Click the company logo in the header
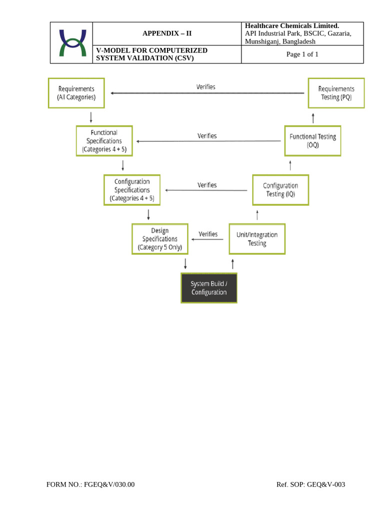72,43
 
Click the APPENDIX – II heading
167,34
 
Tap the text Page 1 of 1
302,54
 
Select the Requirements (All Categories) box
76,93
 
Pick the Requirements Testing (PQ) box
336,93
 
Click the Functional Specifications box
104,141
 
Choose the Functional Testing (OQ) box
313,141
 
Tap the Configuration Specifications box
132,190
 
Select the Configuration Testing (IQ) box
280,190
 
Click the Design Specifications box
160,239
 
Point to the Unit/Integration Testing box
257,239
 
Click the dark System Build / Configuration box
208,288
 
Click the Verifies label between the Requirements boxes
206,87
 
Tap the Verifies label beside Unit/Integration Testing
208,234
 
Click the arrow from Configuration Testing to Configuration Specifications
206,190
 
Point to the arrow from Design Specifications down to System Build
185,263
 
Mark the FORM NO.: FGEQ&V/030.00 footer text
90,485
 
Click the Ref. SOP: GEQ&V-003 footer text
310,485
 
